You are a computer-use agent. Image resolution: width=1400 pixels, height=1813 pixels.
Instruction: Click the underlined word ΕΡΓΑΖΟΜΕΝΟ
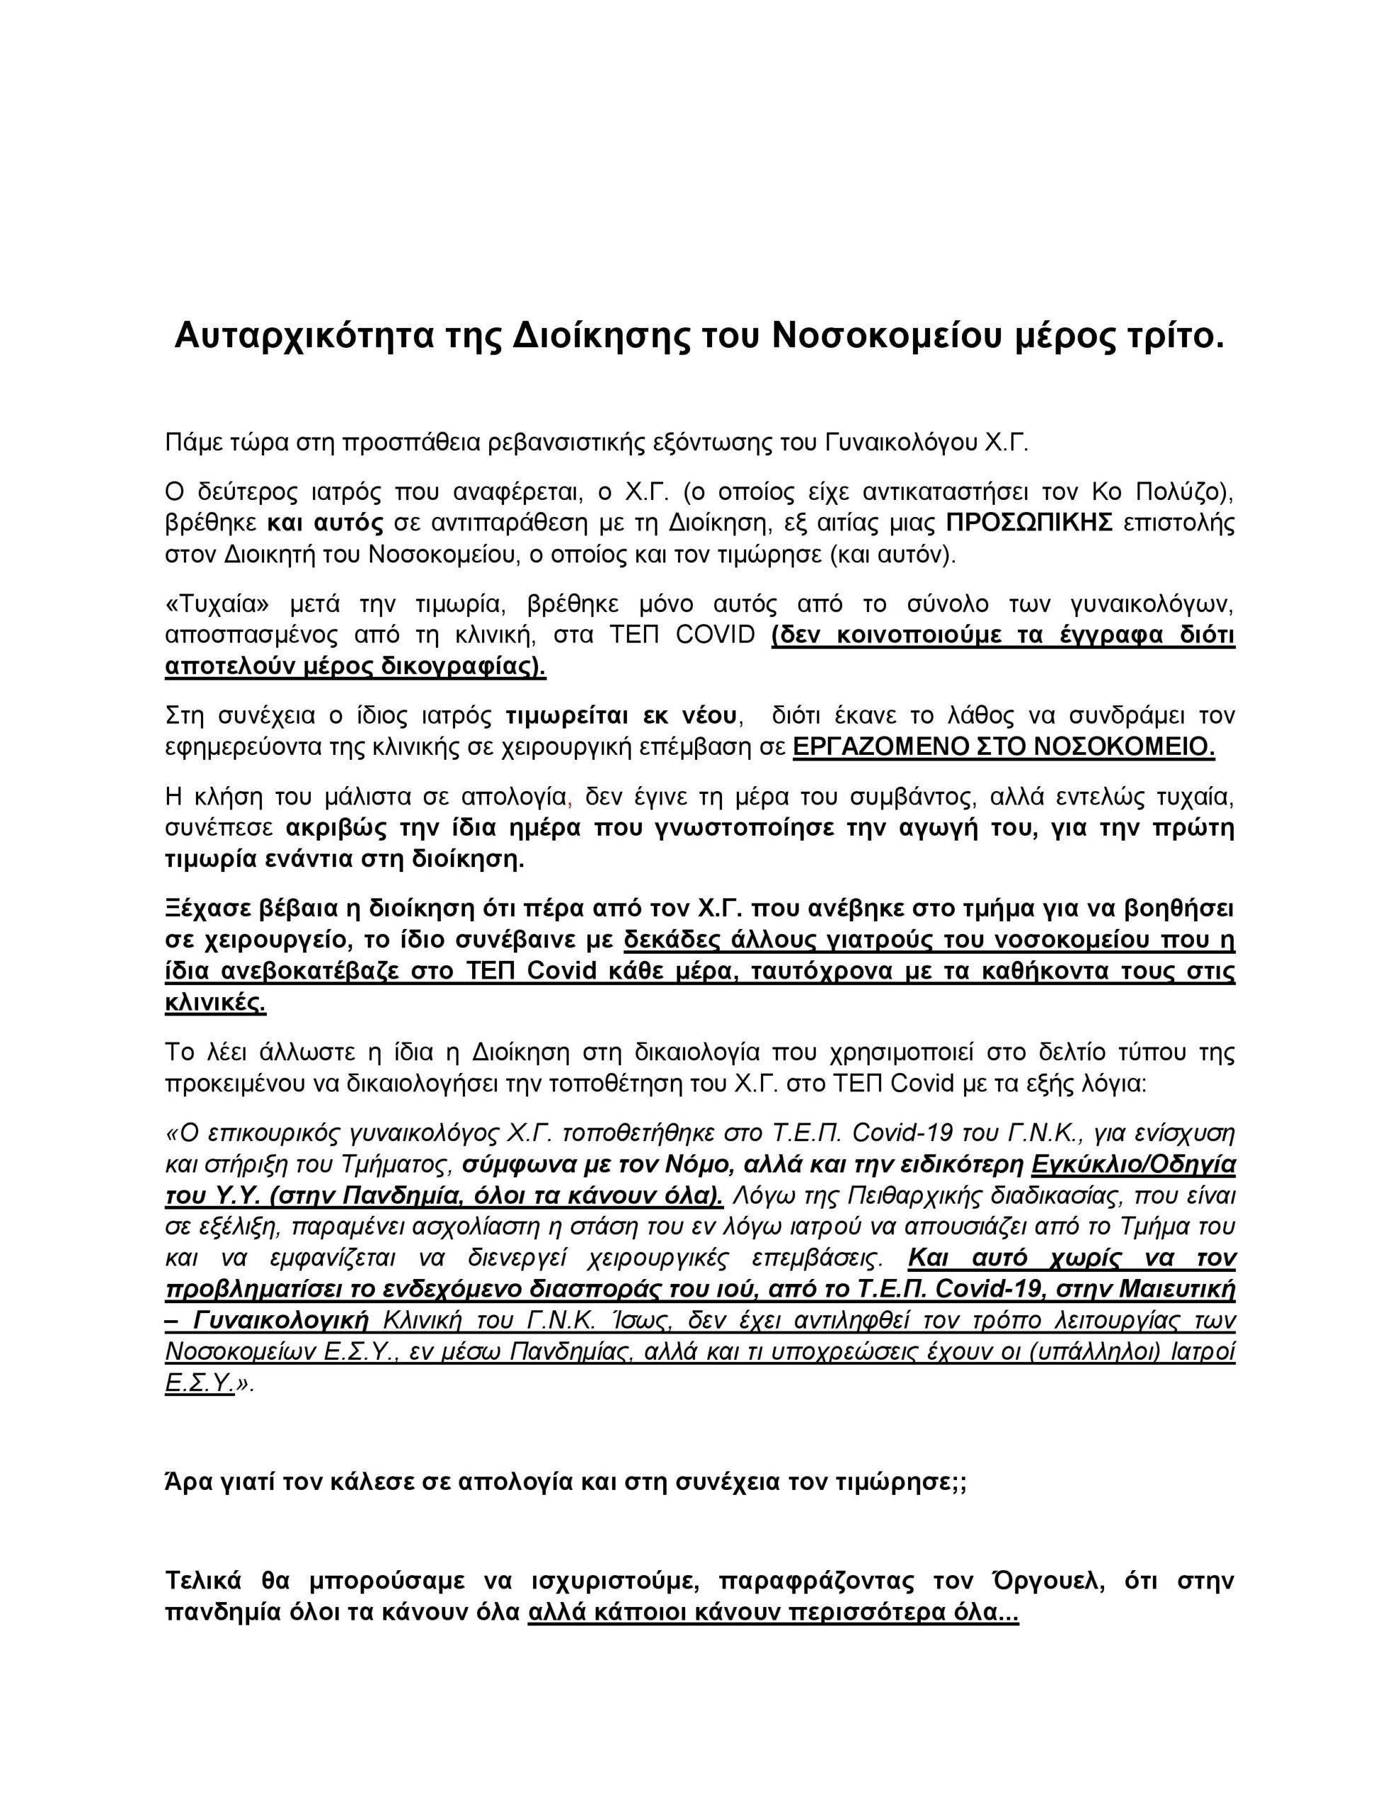[880, 747]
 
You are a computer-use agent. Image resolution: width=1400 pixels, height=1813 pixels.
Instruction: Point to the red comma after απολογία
[568, 799]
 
